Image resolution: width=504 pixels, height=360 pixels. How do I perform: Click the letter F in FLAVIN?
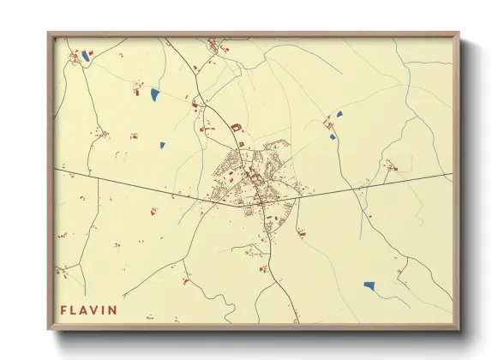pyautogui.click(x=63, y=309)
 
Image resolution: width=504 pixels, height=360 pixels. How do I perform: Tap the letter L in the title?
pyautogui.click(x=75, y=309)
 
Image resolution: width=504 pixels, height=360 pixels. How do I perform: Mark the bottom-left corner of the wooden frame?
pyautogui.click(x=49, y=330)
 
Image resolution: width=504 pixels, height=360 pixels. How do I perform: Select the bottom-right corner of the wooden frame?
pyautogui.click(x=459, y=330)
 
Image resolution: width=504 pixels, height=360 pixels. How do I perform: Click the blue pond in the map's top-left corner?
pyautogui.click(x=86, y=57)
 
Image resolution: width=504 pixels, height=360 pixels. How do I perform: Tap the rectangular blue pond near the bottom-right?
pyautogui.click(x=369, y=285)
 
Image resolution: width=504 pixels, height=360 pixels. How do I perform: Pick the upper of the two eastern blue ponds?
pyautogui.click(x=339, y=113)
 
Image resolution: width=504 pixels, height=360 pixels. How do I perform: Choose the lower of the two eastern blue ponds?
pyautogui.click(x=333, y=136)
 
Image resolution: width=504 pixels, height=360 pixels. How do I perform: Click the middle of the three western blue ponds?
pyautogui.click(x=154, y=93)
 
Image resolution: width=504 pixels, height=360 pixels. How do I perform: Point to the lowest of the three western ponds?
pyautogui.click(x=162, y=144)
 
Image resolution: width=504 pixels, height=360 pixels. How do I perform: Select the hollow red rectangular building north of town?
pyautogui.click(x=236, y=128)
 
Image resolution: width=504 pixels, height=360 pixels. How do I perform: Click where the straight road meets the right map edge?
pyautogui.click(x=452, y=174)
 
